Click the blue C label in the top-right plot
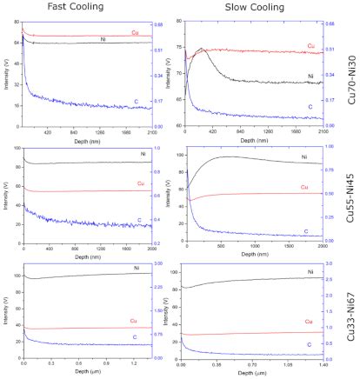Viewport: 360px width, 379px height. click(310, 107)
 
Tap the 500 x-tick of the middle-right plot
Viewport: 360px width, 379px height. click(230, 246)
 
